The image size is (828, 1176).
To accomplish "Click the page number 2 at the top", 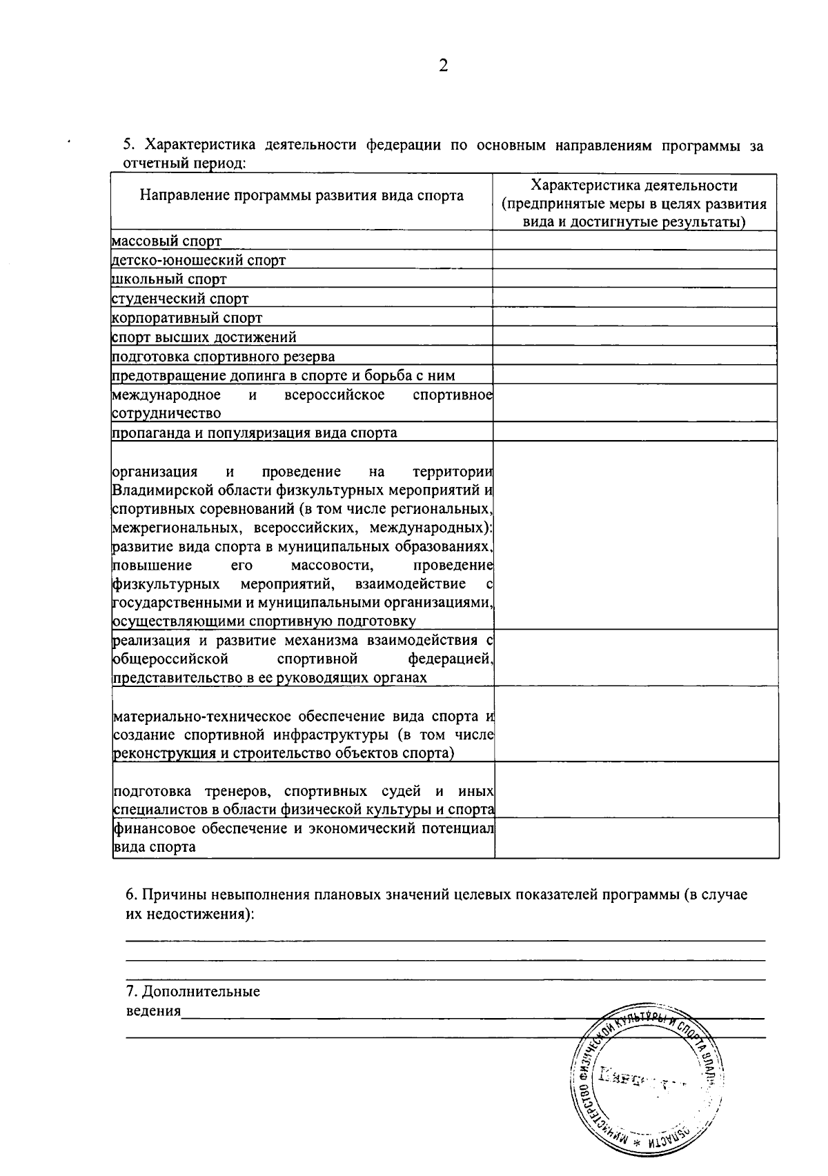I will pyautogui.click(x=443, y=66).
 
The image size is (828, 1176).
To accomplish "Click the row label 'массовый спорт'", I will pyautogui.click(x=167, y=241).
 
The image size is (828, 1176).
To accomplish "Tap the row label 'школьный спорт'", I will pyautogui.click(x=169, y=279).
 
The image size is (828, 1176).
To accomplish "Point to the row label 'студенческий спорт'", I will pyautogui.click(x=180, y=299).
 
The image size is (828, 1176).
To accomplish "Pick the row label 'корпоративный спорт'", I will pyautogui.click(x=187, y=318).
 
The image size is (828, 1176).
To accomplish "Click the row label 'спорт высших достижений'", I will pyautogui.click(x=204, y=337).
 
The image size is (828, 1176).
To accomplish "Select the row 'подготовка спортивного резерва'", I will pyautogui.click(x=224, y=357).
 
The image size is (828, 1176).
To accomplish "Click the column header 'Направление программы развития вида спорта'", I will pyautogui.click(x=302, y=196).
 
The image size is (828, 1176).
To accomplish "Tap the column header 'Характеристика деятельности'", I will pyautogui.click(x=634, y=186).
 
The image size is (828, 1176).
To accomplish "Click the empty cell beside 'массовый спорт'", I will pyautogui.click(x=634, y=240).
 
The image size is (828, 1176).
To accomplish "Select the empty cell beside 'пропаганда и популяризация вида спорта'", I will pyautogui.click(x=634, y=432).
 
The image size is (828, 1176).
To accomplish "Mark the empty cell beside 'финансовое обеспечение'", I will pyautogui.click(x=636, y=838).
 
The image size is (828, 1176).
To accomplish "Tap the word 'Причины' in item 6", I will pyautogui.click(x=168, y=895).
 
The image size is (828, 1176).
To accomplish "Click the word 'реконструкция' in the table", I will pyautogui.click(x=163, y=753).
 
